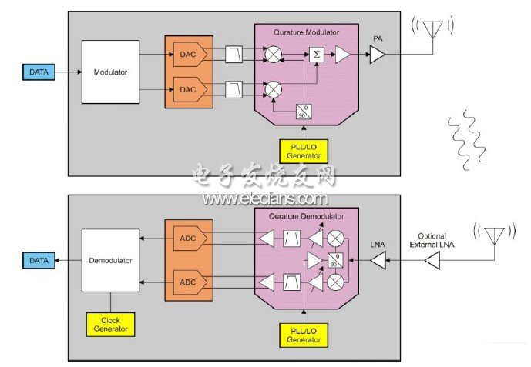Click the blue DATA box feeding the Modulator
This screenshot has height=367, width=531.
click(39, 72)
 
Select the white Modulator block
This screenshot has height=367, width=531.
click(110, 72)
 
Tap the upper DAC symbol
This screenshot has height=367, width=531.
click(190, 55)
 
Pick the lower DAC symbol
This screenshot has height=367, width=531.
click(190, 89)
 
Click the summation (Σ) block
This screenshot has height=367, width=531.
click(317, 55)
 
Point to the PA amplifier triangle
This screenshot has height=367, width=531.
click(377, 55)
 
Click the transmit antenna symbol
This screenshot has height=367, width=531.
click(433, 30)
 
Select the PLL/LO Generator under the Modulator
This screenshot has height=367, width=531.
click(304, 151)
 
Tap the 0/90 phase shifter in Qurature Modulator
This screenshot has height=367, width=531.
click(304, 112)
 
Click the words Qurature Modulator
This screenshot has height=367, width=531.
click(306, 32)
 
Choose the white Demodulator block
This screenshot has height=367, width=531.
click(110, 260)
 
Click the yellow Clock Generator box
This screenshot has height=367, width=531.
click(110, 325)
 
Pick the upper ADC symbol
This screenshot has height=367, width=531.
click(190, 239)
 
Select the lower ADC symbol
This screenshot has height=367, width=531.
click(190, 282)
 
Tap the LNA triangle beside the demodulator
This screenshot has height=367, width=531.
click(378, 261)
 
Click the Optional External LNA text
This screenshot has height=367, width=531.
click(432, 240)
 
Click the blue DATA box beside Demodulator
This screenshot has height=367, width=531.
click(39, 260)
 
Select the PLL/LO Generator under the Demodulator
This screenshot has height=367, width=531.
click(304, 335)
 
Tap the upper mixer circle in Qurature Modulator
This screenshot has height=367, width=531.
click(274, 55)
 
